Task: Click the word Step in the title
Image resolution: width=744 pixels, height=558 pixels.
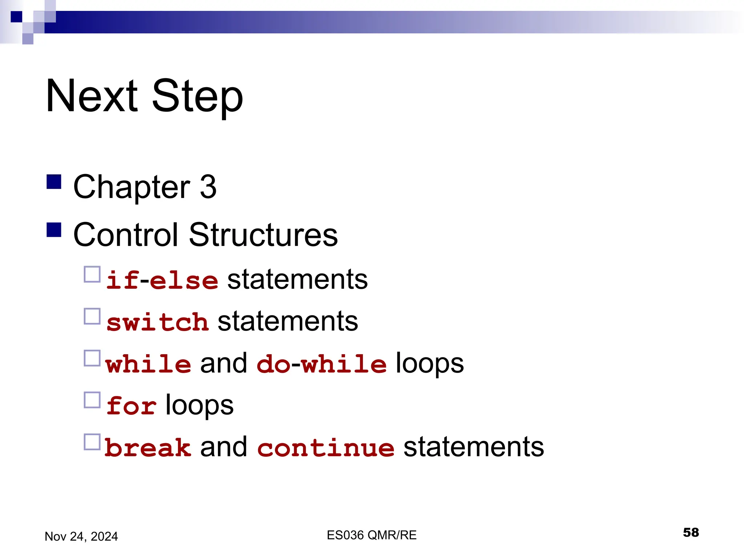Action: point(197,97)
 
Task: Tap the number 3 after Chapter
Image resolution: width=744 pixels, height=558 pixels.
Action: point(208,187)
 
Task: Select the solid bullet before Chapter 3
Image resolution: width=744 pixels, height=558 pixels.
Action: point(54,182)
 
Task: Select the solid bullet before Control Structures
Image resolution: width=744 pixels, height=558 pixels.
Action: point(54,230)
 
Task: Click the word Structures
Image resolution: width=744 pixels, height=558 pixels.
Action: point(263,235)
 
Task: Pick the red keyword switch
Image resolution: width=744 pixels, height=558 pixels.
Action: point(157,322)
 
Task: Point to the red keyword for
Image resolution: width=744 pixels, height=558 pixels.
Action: point(132,406)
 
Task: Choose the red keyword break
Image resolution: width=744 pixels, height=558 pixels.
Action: point(148,448)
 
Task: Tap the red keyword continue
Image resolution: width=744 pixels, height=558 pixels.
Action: point(326,448)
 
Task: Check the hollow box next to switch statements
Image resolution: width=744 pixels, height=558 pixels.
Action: point(92,316)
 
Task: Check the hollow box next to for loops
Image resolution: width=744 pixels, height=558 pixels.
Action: point(92,400)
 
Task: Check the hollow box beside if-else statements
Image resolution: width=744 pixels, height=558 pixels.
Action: point(92,274)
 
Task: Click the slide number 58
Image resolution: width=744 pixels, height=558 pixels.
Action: point(691,533)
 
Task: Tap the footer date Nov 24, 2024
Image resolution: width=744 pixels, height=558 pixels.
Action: point(81,537)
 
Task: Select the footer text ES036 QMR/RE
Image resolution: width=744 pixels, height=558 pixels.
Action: point(371,535)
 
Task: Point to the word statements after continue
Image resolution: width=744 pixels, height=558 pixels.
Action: point(474,447)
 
